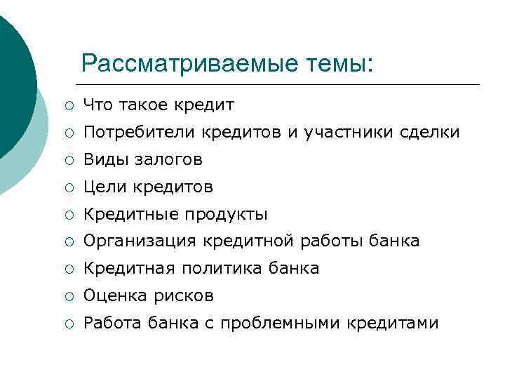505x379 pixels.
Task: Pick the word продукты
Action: pos(231,214)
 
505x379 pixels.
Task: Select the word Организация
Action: pos(140,241)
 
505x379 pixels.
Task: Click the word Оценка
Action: pos(112,296)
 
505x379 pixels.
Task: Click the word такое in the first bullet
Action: pos(142,105)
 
